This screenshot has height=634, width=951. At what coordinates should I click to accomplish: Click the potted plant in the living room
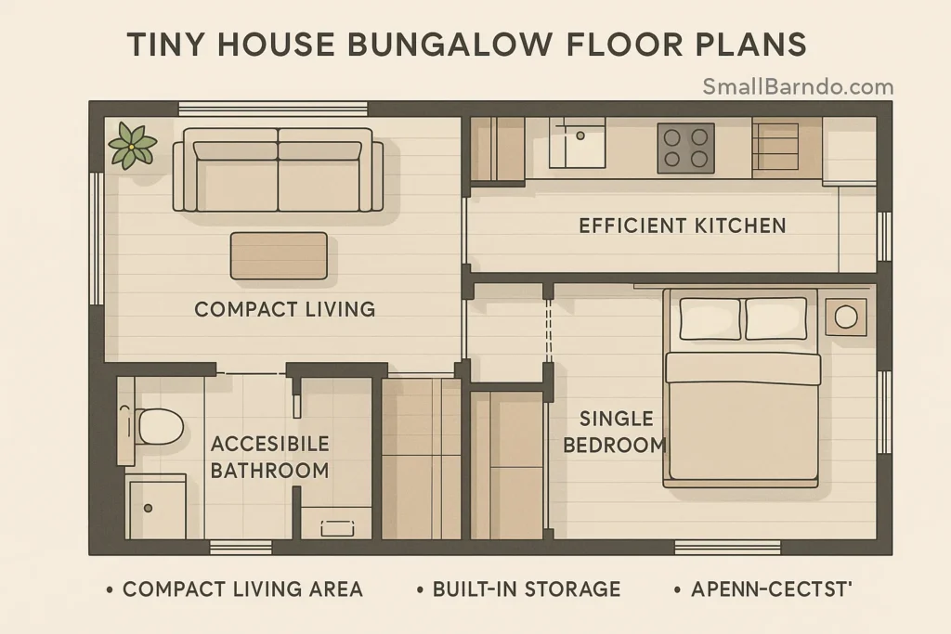tap(132, 146)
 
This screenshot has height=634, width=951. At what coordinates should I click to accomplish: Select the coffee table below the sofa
tap(279, 255)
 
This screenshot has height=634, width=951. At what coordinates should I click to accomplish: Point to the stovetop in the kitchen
tap(685, 148)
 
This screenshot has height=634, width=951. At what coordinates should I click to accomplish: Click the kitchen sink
tap(577, 142)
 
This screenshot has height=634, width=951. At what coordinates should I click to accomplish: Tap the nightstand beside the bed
tap(845, 317)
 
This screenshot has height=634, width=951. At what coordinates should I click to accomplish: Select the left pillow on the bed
tap(710, 318)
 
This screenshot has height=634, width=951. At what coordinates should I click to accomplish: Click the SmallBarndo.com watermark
tap(798, 87)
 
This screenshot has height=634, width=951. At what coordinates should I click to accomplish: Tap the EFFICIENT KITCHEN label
tap(682, 226)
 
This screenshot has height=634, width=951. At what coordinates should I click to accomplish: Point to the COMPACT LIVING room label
tap(284, 309)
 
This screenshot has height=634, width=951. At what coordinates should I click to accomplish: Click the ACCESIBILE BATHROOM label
tap(269, 457)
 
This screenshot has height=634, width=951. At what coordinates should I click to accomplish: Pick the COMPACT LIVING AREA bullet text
tap(242, 589)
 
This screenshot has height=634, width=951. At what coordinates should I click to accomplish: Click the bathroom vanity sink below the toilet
tap(155, 507)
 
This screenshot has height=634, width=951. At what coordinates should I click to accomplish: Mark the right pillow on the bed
tap(775, 318)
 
